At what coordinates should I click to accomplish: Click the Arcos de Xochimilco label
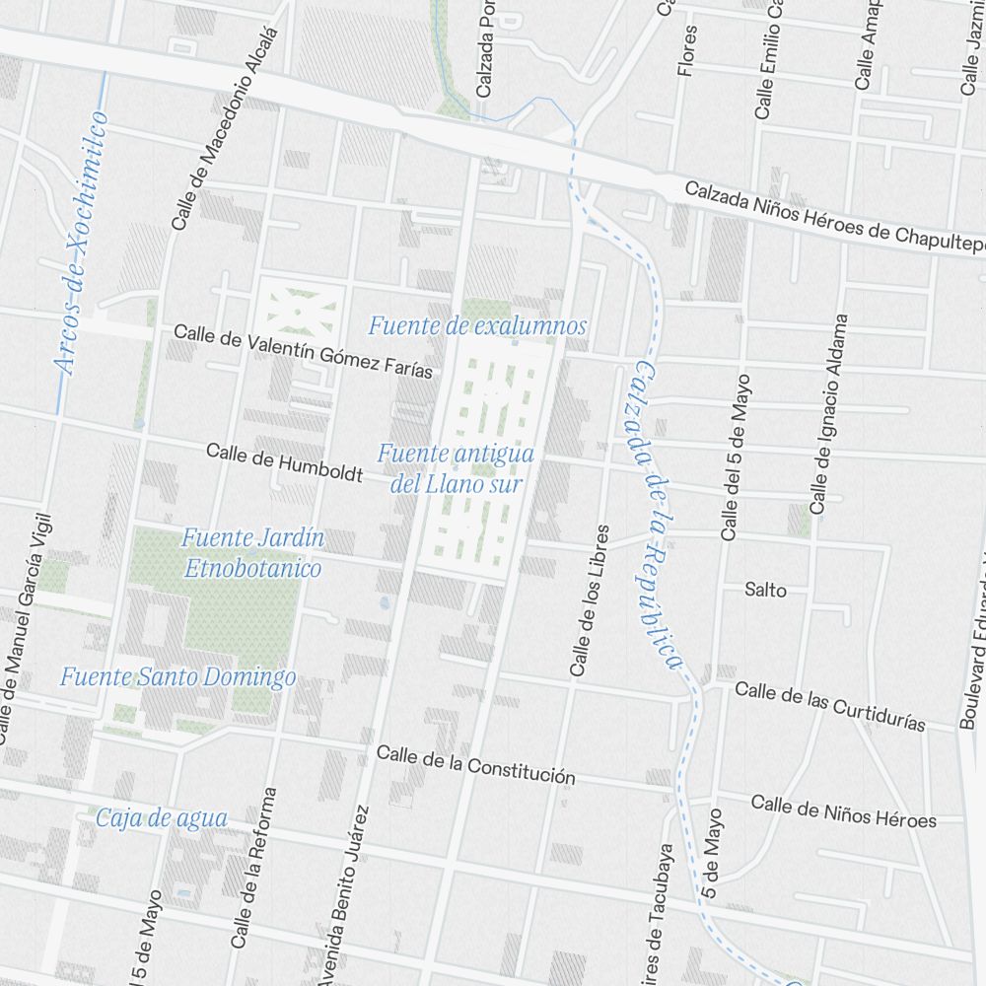pyautogui.click(x=83, y=244)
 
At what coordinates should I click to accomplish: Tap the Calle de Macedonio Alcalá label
pyautogui.click(x=226, y=128)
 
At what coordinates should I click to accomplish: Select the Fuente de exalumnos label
pyautogui.click(x=477, y=325)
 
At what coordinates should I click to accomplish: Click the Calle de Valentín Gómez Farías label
pyautogui.click(x=303, y=351)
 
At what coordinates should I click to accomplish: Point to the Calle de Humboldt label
pyautogui.click(x=284, y=462)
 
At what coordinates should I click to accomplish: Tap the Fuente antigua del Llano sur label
pyautogui.click(x=456, y=468)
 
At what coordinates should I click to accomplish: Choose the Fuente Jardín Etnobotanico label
pyautogui.click(x=252, y=553)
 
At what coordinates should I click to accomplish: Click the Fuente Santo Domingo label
pyautogui.click(x=177, y=677)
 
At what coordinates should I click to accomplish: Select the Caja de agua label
pyautogui.click(x=162, y=817)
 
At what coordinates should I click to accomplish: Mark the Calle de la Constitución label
pyautogui.click(x=475, y=764)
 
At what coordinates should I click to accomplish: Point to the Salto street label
pyautogui.click(x=765, y=590)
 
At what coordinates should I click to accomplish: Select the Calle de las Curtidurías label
pyautogui.click(x=829, y=706)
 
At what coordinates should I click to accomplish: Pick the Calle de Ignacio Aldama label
pyautogui.click(x=828, y=414)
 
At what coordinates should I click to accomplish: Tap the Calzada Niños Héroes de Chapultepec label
pyautogui.click(x=834, y=214)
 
